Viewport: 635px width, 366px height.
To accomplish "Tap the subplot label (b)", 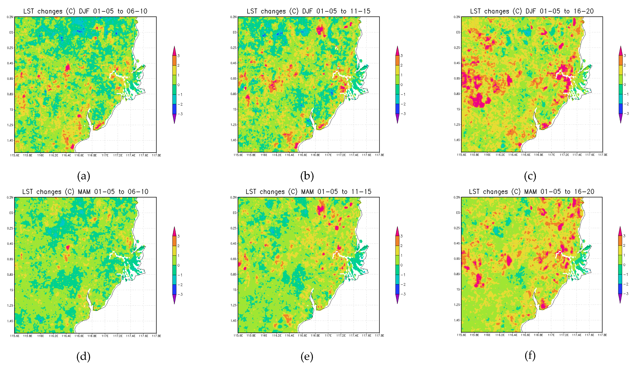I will [x=307, y=176].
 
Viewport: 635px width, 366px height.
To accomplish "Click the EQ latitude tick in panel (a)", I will [x=11, y=32].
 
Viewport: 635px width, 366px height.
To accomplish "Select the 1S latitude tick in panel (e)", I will [x=235, y=290].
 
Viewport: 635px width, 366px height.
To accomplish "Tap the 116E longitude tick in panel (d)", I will [x=41, y=336].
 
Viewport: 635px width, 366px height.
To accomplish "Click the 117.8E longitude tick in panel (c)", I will [x=603, y=155].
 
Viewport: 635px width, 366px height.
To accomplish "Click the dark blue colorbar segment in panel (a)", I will [x=174, y=109].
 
